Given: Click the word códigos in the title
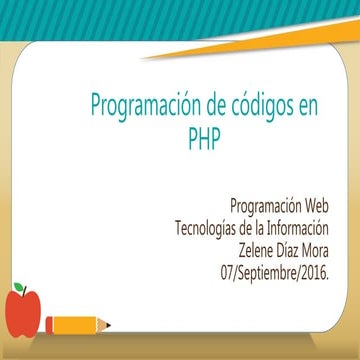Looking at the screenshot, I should [259, 106].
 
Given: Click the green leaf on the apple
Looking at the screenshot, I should [21, 288].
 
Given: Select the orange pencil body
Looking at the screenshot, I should [74, 324].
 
